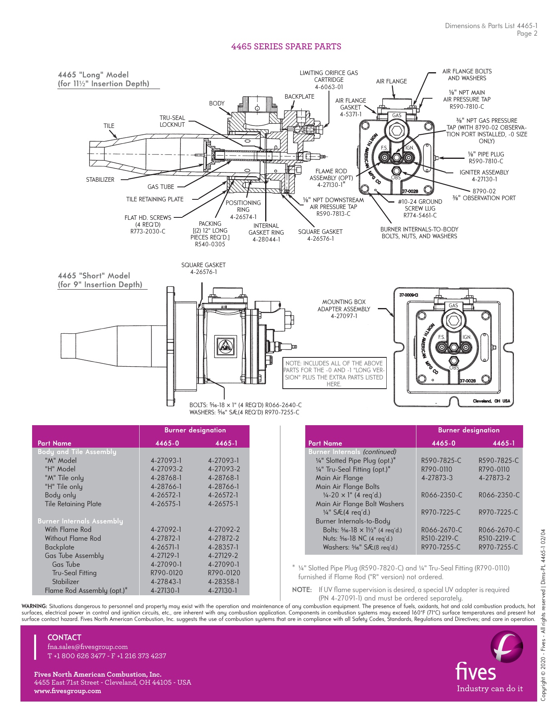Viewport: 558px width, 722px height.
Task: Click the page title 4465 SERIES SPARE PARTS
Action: point(286,47)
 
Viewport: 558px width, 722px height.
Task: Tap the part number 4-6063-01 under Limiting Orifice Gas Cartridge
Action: point(329,87)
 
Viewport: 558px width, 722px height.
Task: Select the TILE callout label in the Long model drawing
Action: point(109,126)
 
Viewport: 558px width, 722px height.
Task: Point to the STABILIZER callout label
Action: point(100,180)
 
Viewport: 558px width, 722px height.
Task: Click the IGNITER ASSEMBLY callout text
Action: point(484,172)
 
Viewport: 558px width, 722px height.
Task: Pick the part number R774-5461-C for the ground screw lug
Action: point(420,215)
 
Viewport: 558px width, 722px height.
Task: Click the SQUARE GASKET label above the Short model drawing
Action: point(203,265)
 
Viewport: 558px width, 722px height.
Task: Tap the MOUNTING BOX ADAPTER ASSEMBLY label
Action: point(343,309)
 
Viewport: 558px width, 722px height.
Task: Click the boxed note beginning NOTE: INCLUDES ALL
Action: point(334,373)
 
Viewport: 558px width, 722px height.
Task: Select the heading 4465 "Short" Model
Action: point(94,276)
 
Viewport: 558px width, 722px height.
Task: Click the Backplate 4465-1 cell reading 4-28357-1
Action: point(223,547)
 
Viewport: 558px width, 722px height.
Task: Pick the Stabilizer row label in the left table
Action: point(65,582)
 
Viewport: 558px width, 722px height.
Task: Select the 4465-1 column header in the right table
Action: point(503,443)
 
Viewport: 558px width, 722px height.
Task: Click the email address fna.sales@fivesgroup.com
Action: point(87,647)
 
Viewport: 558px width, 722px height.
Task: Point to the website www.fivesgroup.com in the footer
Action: point(67,691)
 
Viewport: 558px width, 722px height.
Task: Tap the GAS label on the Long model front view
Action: point(396,116)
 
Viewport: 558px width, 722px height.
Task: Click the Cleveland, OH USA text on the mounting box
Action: point(491,401)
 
